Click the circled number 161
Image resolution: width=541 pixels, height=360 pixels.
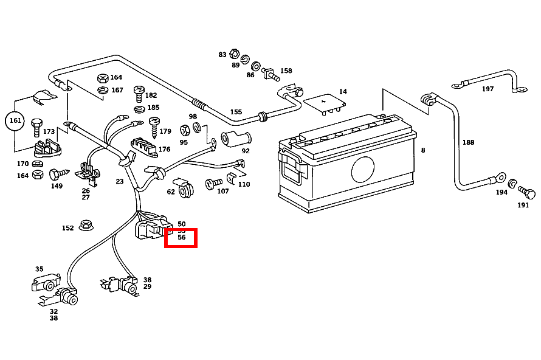pos(16,121)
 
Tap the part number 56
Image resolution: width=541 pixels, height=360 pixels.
pos(181,238)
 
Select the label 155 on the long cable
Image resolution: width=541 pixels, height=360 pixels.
pos(236,112)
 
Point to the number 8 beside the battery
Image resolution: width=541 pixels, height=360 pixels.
pos(423,150)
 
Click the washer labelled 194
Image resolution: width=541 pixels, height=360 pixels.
pos(512,184)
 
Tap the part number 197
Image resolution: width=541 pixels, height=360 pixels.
pos(488,89)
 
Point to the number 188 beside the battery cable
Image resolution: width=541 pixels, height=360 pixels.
pos(467,142)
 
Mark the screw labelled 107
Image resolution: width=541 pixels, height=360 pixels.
pos(213,184)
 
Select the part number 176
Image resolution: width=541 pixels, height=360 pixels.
pos(164,149)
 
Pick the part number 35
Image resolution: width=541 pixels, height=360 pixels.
pos(40,269)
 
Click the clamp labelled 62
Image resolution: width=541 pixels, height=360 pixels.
pos(184,189)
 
